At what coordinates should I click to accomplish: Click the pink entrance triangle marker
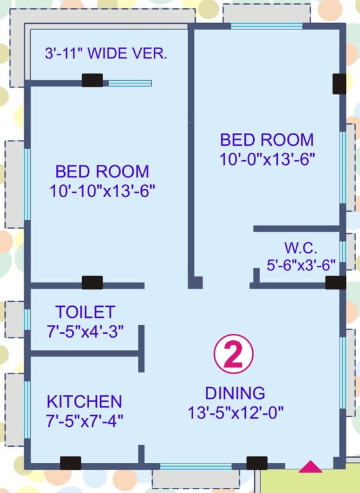(x=311, y=467)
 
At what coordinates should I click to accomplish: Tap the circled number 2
(x=234, y=355)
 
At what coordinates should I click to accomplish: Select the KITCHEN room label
(x=84, y=402)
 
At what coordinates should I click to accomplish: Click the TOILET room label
(x=85, y=312)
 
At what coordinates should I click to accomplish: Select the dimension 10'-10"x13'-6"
(x=103, y=191)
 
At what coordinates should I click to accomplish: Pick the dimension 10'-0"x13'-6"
(x=267, y=159)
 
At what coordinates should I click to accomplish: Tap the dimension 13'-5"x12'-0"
(x=235, y=411)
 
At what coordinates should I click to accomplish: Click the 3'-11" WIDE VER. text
(x=106, y=54)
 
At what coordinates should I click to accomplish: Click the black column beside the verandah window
(x=92, y=81)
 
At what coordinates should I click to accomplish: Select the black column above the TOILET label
(x=92, y=282)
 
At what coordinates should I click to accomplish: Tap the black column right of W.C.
(x=335, y=282)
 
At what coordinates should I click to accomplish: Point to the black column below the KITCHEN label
(x=70, y=462)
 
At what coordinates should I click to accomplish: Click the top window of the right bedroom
(x=266, y=26)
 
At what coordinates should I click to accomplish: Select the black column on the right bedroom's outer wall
(x=339, y=83)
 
